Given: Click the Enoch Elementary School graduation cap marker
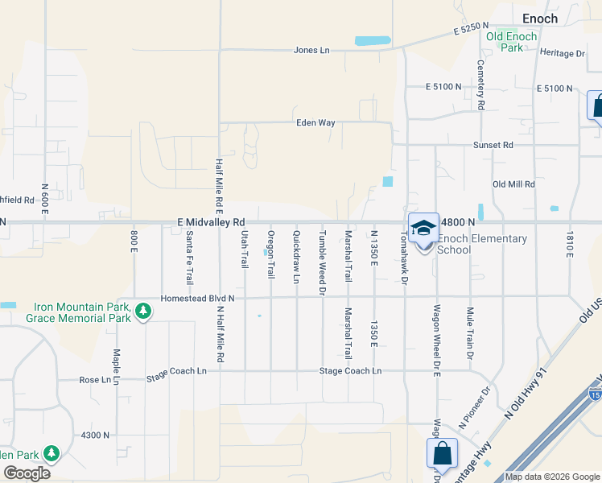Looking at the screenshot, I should tap(423, 229).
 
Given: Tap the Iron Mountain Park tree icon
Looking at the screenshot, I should tap(143, 311).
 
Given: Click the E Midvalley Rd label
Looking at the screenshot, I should tap(211, 222).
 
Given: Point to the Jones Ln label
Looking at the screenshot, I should tap(311, 50).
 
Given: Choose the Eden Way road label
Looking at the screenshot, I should tap(315, 123).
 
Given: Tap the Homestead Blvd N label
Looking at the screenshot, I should tap(197, 297).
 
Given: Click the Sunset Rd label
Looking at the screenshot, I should tap(492, 146).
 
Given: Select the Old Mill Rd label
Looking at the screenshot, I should tap(513, 184).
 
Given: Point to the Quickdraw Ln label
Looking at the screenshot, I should tap(296, 257).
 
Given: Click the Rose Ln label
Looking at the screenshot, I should tap(93, 380).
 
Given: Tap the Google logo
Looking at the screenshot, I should tap(27, 473).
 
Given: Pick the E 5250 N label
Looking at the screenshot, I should tap(472, 30).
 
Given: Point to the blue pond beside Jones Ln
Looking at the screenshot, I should tap(373, 40).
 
